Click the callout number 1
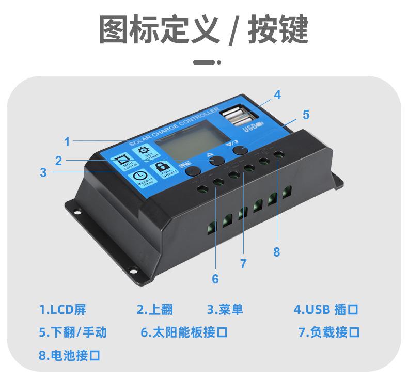[67, 141]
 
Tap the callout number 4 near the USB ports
[277, 95]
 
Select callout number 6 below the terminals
[215, 279]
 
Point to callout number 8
[277, 252]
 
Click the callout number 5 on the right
[306, 115]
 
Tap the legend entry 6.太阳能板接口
[184, 332]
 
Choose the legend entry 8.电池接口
[69, 355]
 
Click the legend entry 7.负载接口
[328, 332]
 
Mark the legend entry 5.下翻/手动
[73, 332]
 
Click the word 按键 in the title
[278, 30]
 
